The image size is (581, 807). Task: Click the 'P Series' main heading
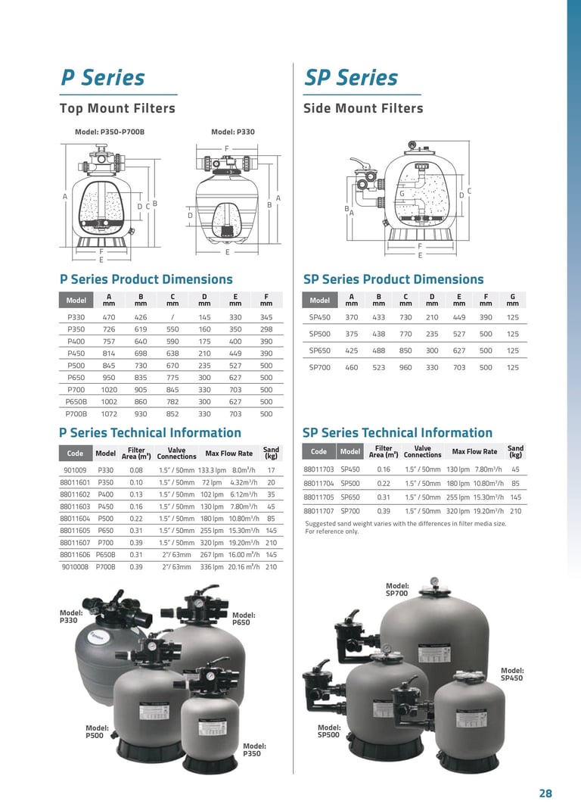pyautogui.click(x=102, y=77)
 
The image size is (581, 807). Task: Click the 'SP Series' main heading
pyautogui.click(x=350, y=77)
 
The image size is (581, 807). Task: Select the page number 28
pyautogui.click(x=545, y=793)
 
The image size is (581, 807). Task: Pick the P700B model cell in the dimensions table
pyautogui.click(x=76, y=414)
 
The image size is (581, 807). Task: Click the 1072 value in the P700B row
pyautogui.click(x=109, y=414)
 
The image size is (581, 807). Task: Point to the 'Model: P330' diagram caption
pyautogui.click(x=233, y=132)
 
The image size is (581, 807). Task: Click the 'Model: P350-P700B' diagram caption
pyautogui.click(x=110, y=132)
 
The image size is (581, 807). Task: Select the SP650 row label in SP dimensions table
pyautogui.click(x=320, y=351)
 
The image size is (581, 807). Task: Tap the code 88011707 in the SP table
pyautogui.click(x=318, y=511)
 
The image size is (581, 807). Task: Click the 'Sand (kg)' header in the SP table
pyautogui.click(x=515, y=452)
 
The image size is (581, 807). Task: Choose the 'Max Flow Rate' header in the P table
pyautogui.click(x=229, y=453)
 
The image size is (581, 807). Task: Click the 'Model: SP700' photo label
pyautogui.click(x=397, y=590)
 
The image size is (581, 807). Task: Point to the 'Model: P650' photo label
pyautogui.click(x=241, y=618)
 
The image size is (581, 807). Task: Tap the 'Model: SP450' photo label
pyautogui.click(x=512, y=674)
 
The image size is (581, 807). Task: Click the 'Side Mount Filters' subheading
pyautogui.click(x=363, y=108)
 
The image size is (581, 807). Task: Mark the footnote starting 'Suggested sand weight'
pyautogui.click(x=405, y=527)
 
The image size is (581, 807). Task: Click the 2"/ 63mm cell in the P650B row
pyautogui.click(x=176, y=554)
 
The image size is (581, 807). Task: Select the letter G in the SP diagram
pyautogui.click(x=402, y=194)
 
